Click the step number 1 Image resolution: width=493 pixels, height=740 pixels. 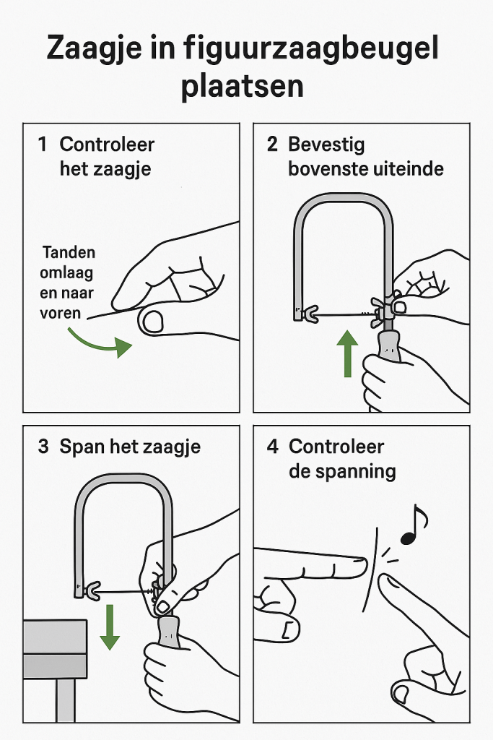[x=43, y=145]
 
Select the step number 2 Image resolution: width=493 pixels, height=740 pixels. [x=272, y=145]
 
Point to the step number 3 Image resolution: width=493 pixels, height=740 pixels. [x=43, y=447]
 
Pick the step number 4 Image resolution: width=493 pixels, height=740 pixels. [x=272, y=447]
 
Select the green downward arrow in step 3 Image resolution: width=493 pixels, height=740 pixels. [x=110, y=627]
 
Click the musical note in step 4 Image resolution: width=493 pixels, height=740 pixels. [x=414, y=525]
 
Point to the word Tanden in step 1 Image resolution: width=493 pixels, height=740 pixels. [x=69, y=252]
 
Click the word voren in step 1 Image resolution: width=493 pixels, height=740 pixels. [x=61, y=313]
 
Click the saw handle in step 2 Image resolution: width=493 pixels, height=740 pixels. [x=390, y=345]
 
